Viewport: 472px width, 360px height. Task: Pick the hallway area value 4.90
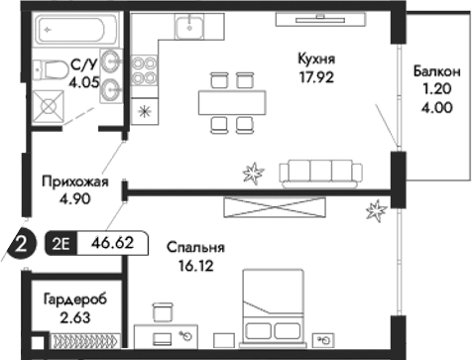click(70, 197)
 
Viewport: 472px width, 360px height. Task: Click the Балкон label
click(436, 72)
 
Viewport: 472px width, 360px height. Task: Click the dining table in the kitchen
click(232, 101)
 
